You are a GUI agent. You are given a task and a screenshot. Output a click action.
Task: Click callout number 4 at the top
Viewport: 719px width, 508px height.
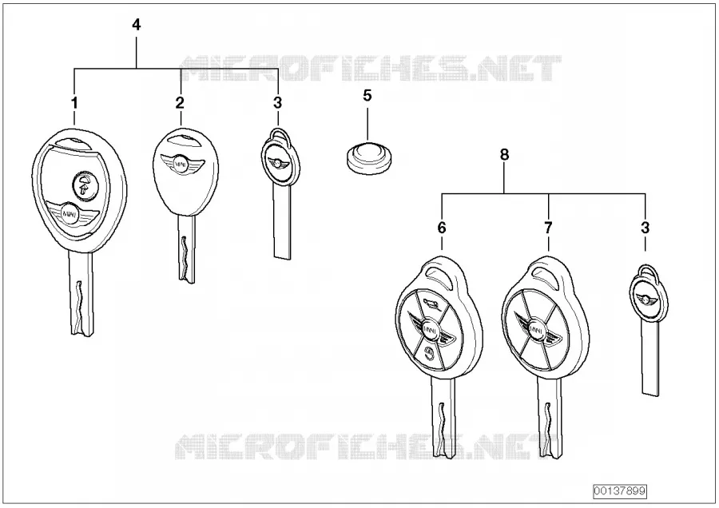tap(136, 25)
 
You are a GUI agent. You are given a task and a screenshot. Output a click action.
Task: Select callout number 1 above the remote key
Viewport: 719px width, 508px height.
tap(75, 103)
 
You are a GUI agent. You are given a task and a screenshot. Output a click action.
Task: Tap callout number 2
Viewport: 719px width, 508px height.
tap(180, 103)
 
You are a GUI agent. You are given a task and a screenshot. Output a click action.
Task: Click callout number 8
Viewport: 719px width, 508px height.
tap(504, 154)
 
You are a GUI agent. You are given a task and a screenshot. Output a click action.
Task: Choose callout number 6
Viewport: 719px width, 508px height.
tap(442, 228)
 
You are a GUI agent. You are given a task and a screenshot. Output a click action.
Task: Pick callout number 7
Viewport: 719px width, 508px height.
tap(548, 228)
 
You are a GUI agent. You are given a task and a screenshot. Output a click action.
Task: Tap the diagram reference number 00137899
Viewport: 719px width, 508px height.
tap(619, 491)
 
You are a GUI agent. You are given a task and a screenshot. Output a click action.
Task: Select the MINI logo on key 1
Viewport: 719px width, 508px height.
tap(70, 213)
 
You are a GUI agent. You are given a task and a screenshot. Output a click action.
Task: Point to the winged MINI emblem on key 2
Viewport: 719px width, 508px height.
tap(181, 163)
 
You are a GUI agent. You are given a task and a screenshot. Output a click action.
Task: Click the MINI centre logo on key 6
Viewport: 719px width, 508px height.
tap(430, 328)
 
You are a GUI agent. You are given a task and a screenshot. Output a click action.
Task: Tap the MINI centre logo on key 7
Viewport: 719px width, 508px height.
tap(536, 330)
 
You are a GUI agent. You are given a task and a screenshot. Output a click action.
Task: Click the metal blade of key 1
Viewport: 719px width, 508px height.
tap(81, 293)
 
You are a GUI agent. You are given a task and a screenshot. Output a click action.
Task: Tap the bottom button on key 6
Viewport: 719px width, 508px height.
tap(429, 354)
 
